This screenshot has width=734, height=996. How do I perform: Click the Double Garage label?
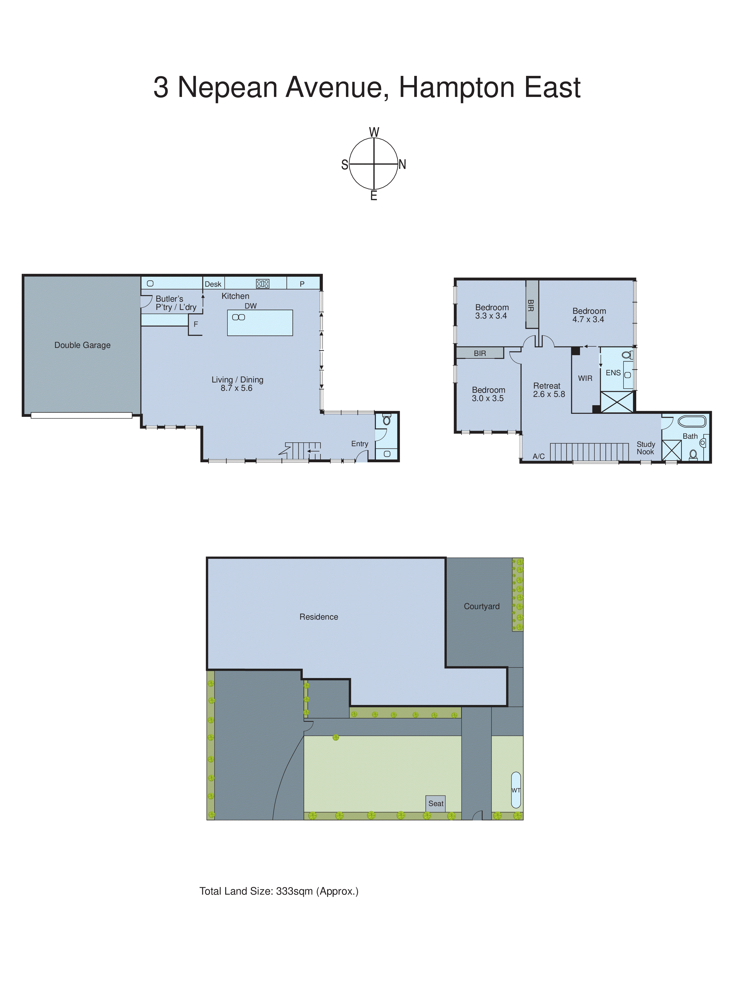coord(82,345)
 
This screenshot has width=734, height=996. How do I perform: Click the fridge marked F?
coord(196,325)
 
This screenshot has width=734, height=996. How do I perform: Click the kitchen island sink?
coord(238,317)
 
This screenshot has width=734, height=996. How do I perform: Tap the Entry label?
coord(360,444)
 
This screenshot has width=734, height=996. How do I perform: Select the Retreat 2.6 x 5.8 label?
coord(549,390)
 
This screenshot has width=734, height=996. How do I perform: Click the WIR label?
coord(585,379)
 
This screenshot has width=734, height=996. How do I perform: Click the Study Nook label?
coord(646,448)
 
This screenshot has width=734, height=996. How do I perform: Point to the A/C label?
coord(538,456)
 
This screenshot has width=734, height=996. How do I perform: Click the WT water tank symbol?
coord(516,790)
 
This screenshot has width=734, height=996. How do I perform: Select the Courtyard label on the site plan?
coord(482,606)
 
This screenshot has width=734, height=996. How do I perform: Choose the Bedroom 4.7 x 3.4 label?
coord(589,315)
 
